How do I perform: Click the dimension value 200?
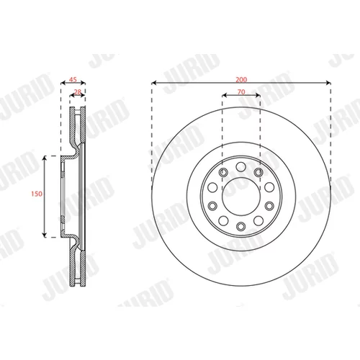(241, 79)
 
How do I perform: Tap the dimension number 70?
(241, 92)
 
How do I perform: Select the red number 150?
(37, 194)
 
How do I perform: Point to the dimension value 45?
(73, 79)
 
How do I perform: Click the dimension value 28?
(78, 92)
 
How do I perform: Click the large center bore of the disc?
(241, 197)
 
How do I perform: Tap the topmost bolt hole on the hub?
(241, 167)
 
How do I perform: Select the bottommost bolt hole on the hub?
(241, 226)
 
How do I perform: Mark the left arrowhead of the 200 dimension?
(154, 83)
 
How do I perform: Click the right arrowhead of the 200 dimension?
(328, 83)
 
